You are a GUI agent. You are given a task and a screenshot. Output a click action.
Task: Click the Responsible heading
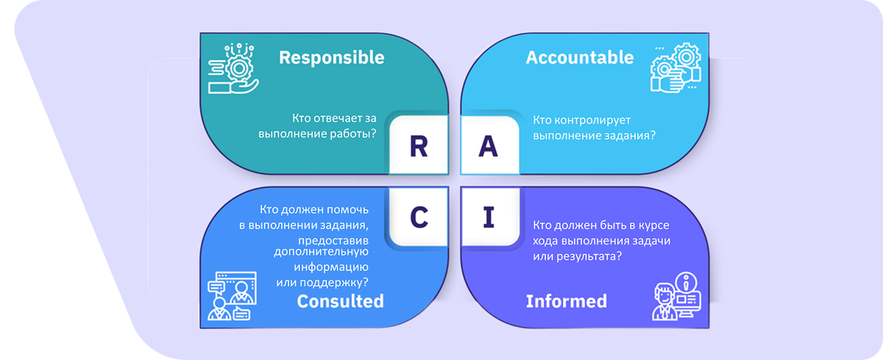click(x=331, y=57)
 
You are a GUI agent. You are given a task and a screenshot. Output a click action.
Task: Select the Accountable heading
click(x=580, y=57)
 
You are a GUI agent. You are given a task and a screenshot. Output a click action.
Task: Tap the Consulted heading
click(x=340, y=301)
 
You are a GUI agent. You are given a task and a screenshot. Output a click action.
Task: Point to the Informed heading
click(x=567, y=301)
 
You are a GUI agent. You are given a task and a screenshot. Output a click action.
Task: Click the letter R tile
click(x=418, y=147)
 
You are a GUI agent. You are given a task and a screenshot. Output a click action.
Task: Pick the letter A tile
click(x=488, y=147)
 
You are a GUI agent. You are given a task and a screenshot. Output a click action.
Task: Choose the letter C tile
click(x=418, y=216)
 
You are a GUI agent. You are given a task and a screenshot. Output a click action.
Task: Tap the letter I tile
click(x=488, y=217)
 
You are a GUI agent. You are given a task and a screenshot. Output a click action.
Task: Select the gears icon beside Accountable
click(x=675, y=68)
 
